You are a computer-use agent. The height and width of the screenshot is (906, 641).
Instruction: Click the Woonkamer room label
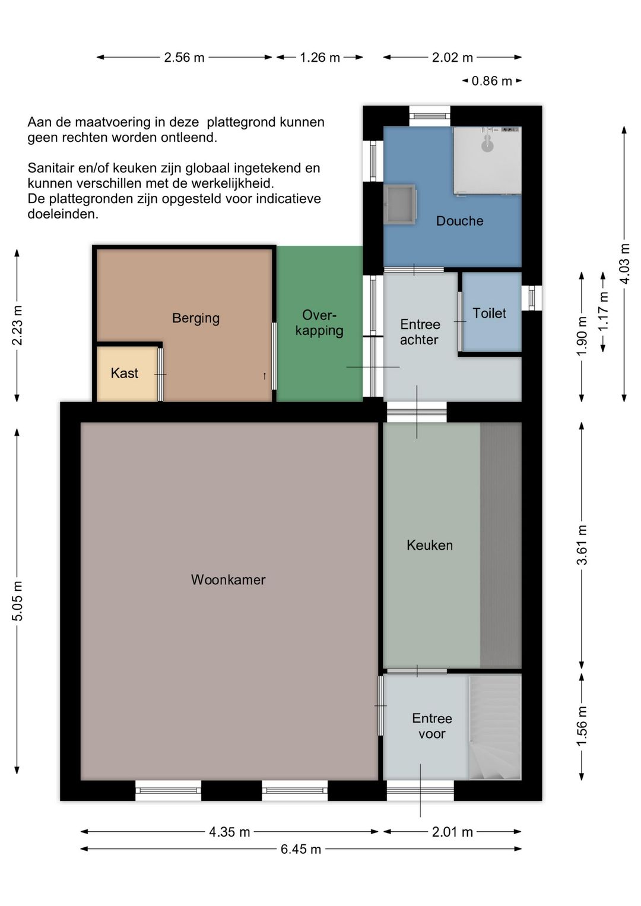pos(228,579)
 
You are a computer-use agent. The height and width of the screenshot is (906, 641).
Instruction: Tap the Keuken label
pos(430,545)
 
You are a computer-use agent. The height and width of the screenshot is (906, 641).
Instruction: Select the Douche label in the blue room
pos(459,220)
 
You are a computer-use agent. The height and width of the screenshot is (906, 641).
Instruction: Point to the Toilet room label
pos(489,313)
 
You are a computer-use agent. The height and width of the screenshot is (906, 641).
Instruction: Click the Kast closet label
pos(125,373)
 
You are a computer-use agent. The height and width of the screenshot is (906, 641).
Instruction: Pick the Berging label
pos(196,318)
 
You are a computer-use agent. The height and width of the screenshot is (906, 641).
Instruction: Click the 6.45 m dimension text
pos(301,849)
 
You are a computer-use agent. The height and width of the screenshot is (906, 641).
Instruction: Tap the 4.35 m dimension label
pos(229,832)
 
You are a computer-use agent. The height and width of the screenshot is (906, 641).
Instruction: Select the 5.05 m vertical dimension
pos(17,601)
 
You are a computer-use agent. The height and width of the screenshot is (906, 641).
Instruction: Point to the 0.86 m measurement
pos(492,81)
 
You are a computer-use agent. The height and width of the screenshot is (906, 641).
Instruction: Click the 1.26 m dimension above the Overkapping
pos(319,58)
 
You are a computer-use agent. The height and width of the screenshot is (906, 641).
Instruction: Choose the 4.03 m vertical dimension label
pos(624,264)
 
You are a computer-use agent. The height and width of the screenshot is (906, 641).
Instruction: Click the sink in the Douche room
pos(399,204)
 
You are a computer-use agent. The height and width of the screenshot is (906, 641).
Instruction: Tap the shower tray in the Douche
pos(487,161)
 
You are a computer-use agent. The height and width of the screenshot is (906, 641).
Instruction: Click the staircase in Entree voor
pos(494,728)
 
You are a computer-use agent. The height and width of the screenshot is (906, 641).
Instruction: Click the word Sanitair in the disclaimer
pos(52,168)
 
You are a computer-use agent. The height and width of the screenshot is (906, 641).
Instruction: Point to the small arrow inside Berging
pos(265,376)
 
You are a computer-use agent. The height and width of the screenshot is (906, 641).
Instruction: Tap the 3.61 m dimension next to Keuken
pos(582,544)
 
